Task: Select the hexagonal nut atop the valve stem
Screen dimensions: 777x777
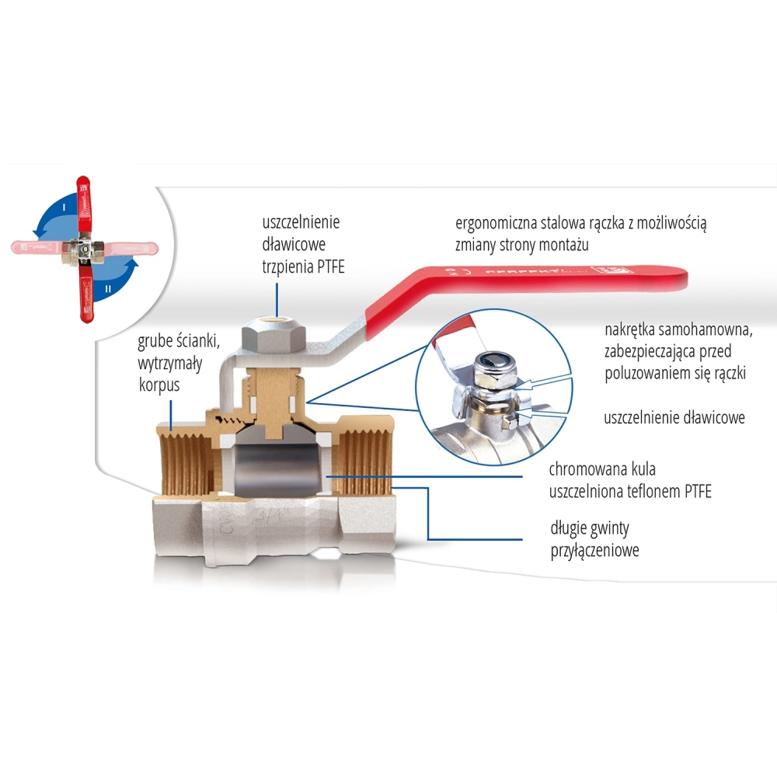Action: [276, 336]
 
